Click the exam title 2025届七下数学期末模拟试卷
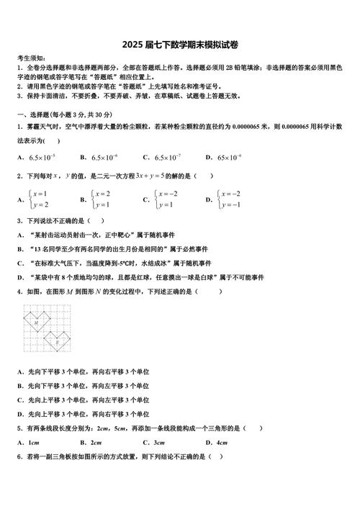coord(180,45)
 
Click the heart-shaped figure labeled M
coord(37,325)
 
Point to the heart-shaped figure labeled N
coord(58,343)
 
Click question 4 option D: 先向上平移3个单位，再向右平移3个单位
coord(83,414)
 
